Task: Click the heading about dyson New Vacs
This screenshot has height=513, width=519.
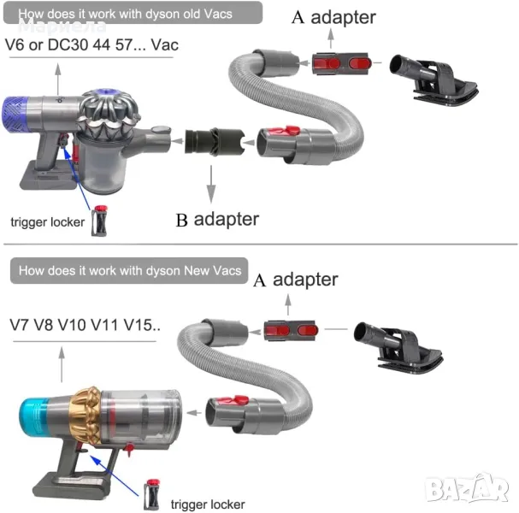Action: [x=129, y=271]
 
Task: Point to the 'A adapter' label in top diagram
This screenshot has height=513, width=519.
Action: [x=333, y=16]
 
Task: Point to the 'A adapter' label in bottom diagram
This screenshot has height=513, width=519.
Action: [x=295, y=280]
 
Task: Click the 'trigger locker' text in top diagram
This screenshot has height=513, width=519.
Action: [x=47, y=222]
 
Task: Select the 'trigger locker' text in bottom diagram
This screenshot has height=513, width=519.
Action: [x=208, y=504]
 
